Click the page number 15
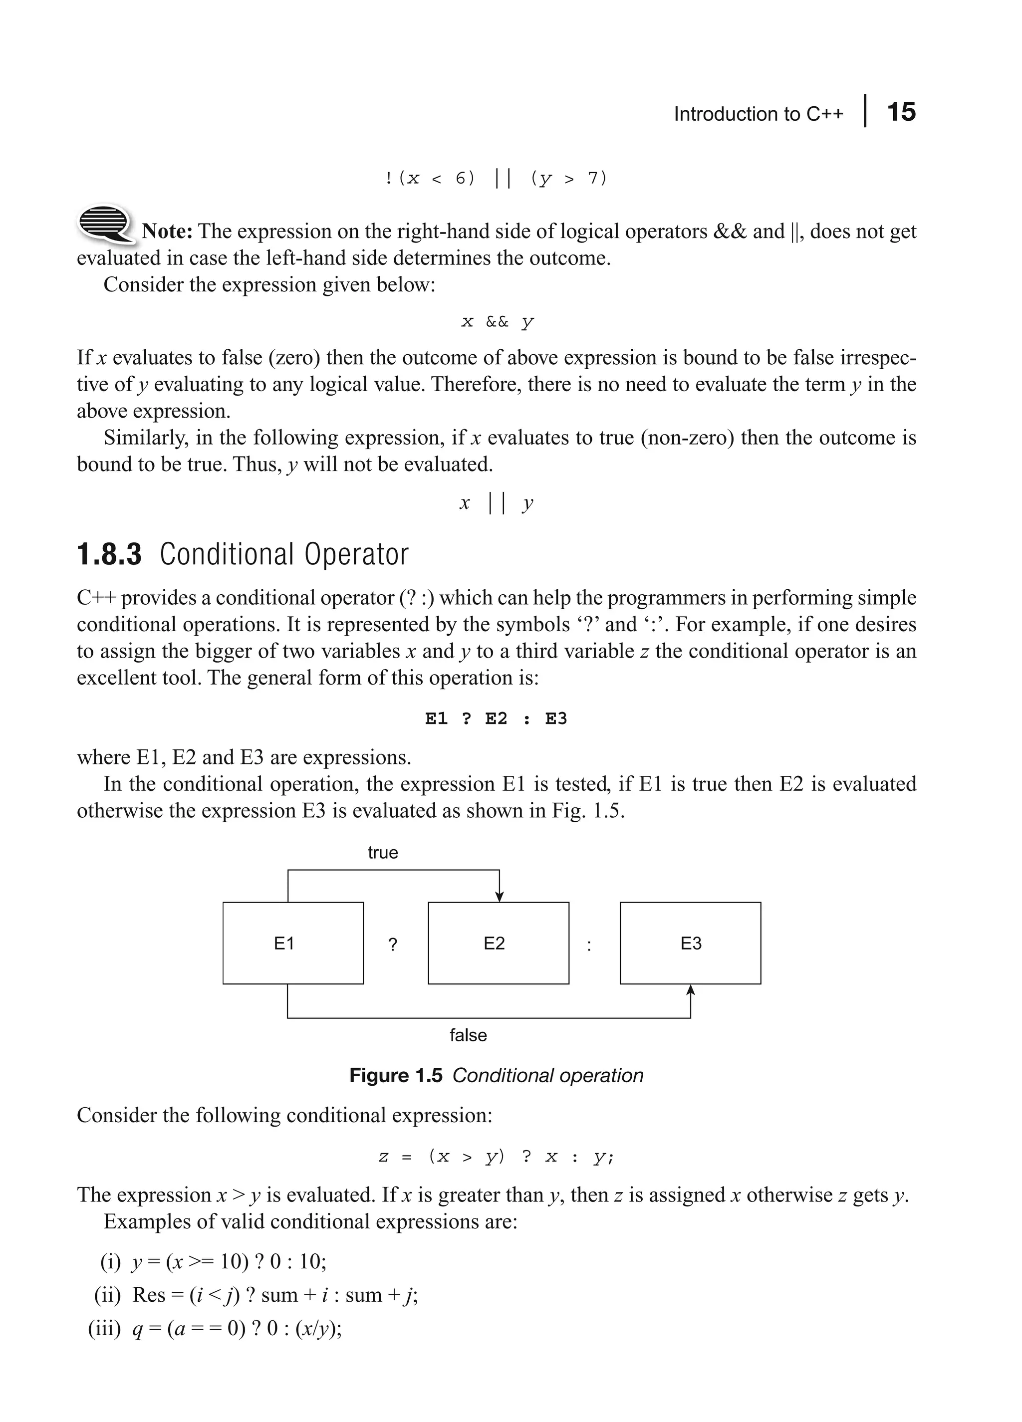click(x=901, y=112)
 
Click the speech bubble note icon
click(x=105, y=223)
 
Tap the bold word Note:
click(x=167, y=232)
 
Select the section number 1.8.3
click(x=109, y=555)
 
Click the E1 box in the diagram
click(x=293, y=943)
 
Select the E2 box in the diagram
click(x=499, y=943)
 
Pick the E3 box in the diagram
click(x=690, y=943)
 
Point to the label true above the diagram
click(x=382, y=853)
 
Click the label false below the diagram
click(x=468, y=1035)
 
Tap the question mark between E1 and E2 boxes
click(x=393, y=945)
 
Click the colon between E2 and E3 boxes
click(x=589, y=946)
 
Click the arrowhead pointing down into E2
click(x=499, y=897)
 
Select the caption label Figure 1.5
click(x=396, y=1076)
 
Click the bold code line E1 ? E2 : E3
click(x=496, y=718)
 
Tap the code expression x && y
click(x=497, y=322)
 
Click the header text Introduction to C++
click(x=758, y=114)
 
